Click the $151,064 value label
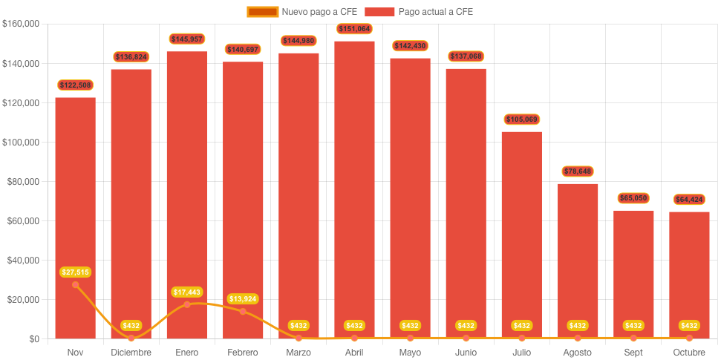(x=354, y=29)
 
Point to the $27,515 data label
(x=75, y=272)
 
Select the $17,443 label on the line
(x=187, y=292)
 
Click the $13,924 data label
(x=243, y=298)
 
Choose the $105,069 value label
(x=521, y=120)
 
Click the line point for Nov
(x=75, y=285)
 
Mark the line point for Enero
(x=187, y=304)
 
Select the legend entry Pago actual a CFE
(x=425, y=12)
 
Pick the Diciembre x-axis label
(x=131, y=352)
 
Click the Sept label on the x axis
(x=633, y=352)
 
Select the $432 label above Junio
(x=466, y=326)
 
